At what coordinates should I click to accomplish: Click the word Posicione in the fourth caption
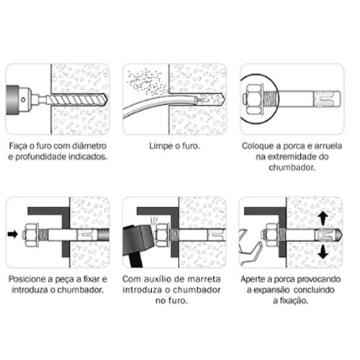28,279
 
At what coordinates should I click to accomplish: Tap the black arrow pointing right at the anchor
13,234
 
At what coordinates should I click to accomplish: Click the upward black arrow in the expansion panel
323,218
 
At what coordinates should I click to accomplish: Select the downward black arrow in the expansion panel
323,252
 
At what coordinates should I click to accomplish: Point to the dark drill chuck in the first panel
12,99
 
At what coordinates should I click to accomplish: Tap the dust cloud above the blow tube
146,81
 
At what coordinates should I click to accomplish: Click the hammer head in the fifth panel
138,239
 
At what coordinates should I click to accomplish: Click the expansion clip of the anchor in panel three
324,99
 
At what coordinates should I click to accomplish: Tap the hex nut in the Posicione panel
31,235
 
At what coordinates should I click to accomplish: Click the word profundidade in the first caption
40,157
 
